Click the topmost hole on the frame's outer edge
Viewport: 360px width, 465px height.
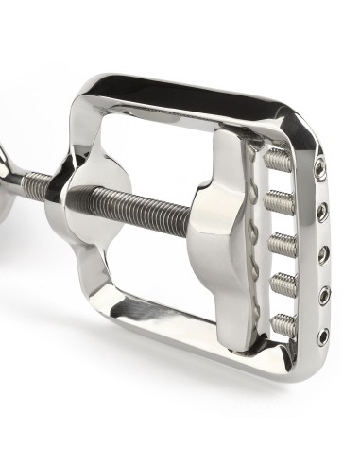click(321, 171)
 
